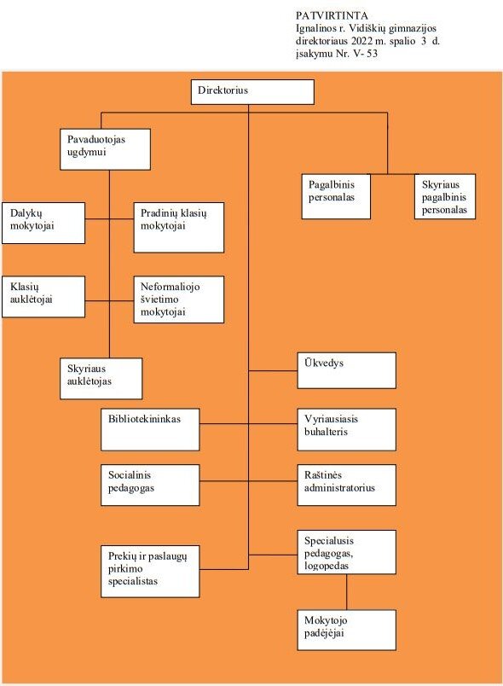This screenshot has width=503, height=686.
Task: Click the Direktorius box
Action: coord(252,92)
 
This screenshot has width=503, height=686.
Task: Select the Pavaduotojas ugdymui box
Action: coord(106,149)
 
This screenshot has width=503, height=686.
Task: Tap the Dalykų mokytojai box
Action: coord(43,224)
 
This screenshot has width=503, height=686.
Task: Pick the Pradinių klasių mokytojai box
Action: coord(179,228)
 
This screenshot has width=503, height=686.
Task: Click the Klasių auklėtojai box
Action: coord(43,297)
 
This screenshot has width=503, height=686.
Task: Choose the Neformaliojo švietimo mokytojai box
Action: coord(179,299)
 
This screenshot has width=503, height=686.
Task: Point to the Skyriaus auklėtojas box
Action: coord(101,379)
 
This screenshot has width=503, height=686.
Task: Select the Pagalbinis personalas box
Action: coord(336,196)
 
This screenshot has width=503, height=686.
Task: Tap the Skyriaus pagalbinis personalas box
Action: coord(445,196)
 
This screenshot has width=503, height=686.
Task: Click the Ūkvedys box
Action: coord(346,370)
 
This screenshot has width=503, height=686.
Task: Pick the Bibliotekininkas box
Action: coord(150,430)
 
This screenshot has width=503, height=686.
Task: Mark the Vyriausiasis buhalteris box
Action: coord(346,430)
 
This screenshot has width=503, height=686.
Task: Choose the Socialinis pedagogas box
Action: coord(150,485)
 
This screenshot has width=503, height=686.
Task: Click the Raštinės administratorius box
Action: coord(346,485)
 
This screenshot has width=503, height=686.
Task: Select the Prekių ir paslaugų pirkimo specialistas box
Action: coord(150,572)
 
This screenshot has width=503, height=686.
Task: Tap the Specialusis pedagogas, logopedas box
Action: coord(346,552)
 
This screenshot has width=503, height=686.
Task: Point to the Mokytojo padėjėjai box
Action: coord(346,630)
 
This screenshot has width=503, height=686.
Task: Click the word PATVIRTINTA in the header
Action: coord(332,15)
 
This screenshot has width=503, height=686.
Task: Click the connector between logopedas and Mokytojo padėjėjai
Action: coord(347,592)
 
